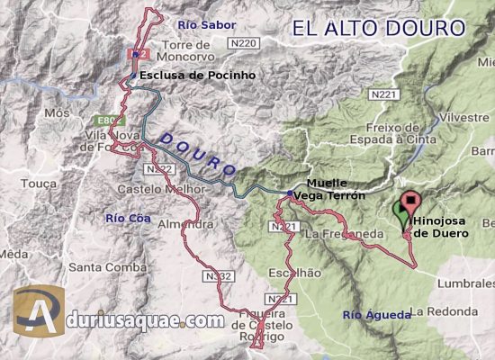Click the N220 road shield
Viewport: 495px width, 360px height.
click(x=244, y=43)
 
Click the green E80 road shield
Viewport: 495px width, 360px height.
click(x=107, y=118)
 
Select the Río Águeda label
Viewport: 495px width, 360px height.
click(x=377, y=315)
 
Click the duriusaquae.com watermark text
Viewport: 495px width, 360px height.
click(x=144, y=319)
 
